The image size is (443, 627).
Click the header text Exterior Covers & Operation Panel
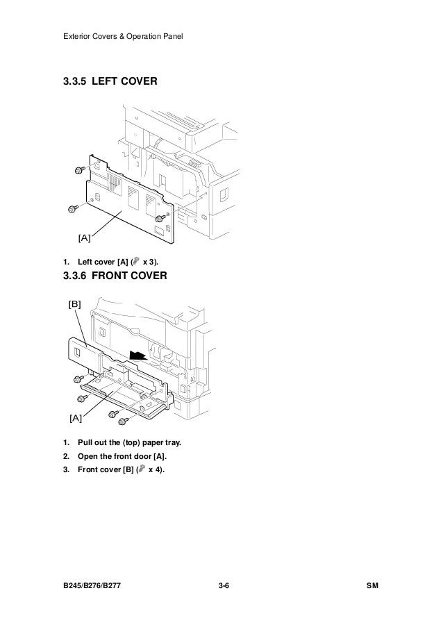(118, 35)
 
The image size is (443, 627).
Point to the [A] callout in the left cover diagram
(84, 239)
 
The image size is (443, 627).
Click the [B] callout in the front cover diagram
(74, 304)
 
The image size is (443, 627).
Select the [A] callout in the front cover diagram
(75, 417)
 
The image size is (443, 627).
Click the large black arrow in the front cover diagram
(140, 355)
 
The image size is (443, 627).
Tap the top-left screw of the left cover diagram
(80, 169)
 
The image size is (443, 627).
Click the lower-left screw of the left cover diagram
(72, 208)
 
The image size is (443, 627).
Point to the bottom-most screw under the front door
(122, 420)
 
